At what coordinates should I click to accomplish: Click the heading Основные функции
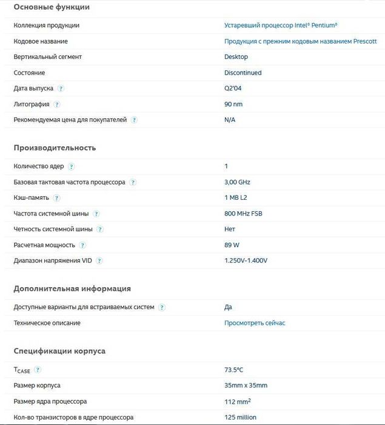(52, 7)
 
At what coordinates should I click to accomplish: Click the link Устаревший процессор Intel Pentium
(281, 25)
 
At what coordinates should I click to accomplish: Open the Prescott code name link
(300, 41)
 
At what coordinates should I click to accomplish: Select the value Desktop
(236, 57)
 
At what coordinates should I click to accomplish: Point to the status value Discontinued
(243, 73)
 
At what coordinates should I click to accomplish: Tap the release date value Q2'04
(233, 89)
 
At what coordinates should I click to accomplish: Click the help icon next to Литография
(56, 104)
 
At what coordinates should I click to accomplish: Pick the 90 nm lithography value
(233, 104)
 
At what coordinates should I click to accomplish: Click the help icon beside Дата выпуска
(61, 89)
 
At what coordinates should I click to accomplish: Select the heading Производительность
(55, 148)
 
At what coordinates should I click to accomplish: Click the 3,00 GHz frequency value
(237, 182)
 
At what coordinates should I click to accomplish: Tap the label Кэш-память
(32, 198)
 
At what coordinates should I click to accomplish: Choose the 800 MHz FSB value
(243, 214)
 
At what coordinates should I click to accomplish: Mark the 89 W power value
(232, 245)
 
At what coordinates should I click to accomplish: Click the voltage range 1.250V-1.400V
(246, 261)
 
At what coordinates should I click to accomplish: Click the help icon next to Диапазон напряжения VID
(99, 261)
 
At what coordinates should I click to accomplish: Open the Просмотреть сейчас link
(255, 323)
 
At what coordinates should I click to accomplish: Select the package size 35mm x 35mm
(246, 386)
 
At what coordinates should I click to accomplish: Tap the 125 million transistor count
(240, 417)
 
